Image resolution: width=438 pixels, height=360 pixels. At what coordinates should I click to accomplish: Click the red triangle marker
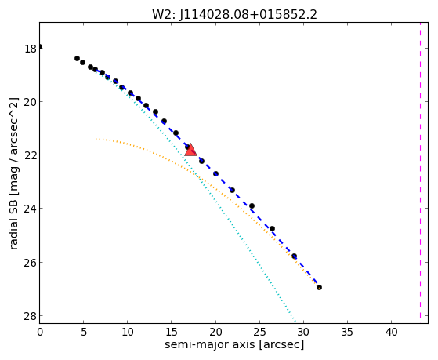tap(190, 150)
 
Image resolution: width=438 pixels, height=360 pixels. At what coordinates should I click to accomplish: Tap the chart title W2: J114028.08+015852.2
tap(234, 15)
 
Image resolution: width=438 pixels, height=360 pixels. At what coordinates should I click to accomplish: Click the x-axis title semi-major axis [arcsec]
tap(234, 344)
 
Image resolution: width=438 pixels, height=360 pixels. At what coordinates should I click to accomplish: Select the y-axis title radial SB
tap(13, 221)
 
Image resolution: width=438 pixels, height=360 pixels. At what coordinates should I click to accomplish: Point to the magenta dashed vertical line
tap(420, 170)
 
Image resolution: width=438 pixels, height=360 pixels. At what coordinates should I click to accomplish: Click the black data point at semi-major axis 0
tap(40, 47)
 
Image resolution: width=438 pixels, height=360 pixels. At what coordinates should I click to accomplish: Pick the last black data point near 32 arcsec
tap(319, 287)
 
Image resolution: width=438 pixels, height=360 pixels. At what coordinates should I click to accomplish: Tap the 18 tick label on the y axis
tap(31, 49)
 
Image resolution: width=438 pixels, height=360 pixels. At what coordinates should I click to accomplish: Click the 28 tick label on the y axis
tap(31, 317)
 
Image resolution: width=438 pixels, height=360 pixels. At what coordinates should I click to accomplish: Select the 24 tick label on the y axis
tap(31, 209)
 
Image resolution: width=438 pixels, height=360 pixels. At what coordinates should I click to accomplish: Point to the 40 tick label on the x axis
tap(391, 333)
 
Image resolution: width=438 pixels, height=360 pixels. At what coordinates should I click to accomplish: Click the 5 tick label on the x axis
tap(84, 333)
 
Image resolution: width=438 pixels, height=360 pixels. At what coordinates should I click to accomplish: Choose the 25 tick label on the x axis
tap(259, 333)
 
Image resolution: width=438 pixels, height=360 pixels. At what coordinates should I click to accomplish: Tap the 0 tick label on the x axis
tap(40, 333)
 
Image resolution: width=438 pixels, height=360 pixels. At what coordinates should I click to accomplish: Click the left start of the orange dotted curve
tap(96, 139)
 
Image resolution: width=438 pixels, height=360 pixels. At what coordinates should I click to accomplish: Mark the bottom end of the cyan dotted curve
tap(295, 320)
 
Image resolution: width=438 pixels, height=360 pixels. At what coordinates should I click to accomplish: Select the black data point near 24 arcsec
tap(252, 205)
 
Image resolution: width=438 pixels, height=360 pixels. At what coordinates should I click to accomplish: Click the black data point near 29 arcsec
tap(294, 256)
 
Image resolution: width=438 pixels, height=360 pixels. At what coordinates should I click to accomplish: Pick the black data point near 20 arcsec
tap(215, 173)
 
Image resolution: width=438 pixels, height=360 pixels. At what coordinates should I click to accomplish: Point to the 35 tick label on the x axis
tap(347, 333)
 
